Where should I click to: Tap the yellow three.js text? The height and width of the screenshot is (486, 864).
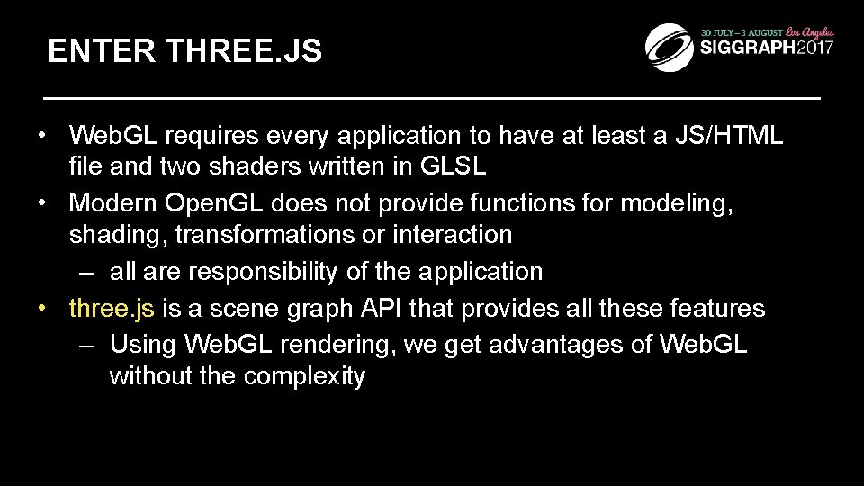coord(112,309)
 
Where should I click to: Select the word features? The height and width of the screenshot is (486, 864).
coord(718,309)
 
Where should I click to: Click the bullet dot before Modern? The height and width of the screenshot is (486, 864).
coord(42,203)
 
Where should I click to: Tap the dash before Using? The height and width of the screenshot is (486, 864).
coord(86,345)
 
